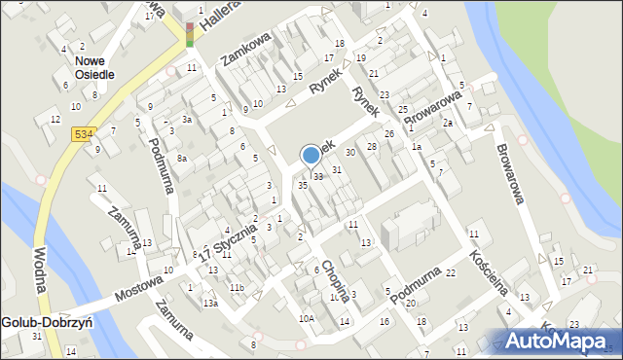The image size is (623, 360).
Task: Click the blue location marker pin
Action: coord(311,156)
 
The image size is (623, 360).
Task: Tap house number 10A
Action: coord(307,318)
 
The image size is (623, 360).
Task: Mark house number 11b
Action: coord(237,288)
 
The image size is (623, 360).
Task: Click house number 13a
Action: coord(209,304)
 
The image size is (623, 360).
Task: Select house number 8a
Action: coord(182,158)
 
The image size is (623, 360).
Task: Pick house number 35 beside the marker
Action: coord(303,185)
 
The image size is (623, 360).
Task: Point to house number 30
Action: coord(350,153)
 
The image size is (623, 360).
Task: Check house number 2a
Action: coord(447,124)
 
